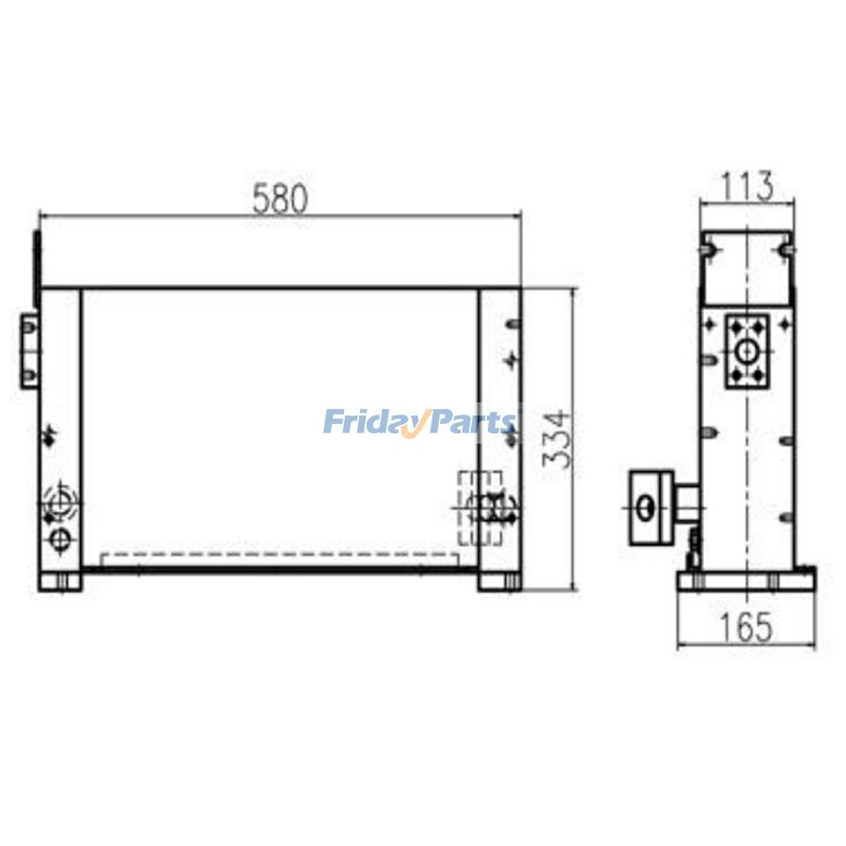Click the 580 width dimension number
tap(280, 199)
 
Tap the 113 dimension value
tap(747, 186)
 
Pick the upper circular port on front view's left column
tap(60, 500)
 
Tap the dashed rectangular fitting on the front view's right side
tap(479, 508)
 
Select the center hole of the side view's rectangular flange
tap(747, 352)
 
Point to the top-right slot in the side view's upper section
tap(783, 250)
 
